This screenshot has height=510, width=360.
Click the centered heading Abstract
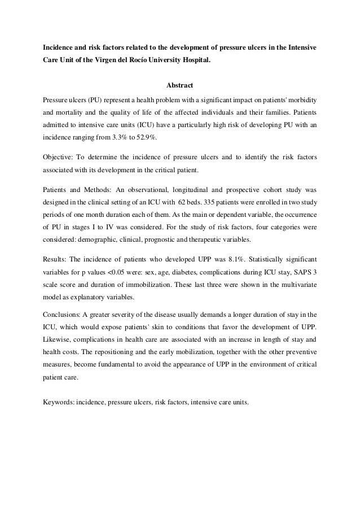tap(180, 86)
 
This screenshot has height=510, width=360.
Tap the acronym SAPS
tap(297, 273)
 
